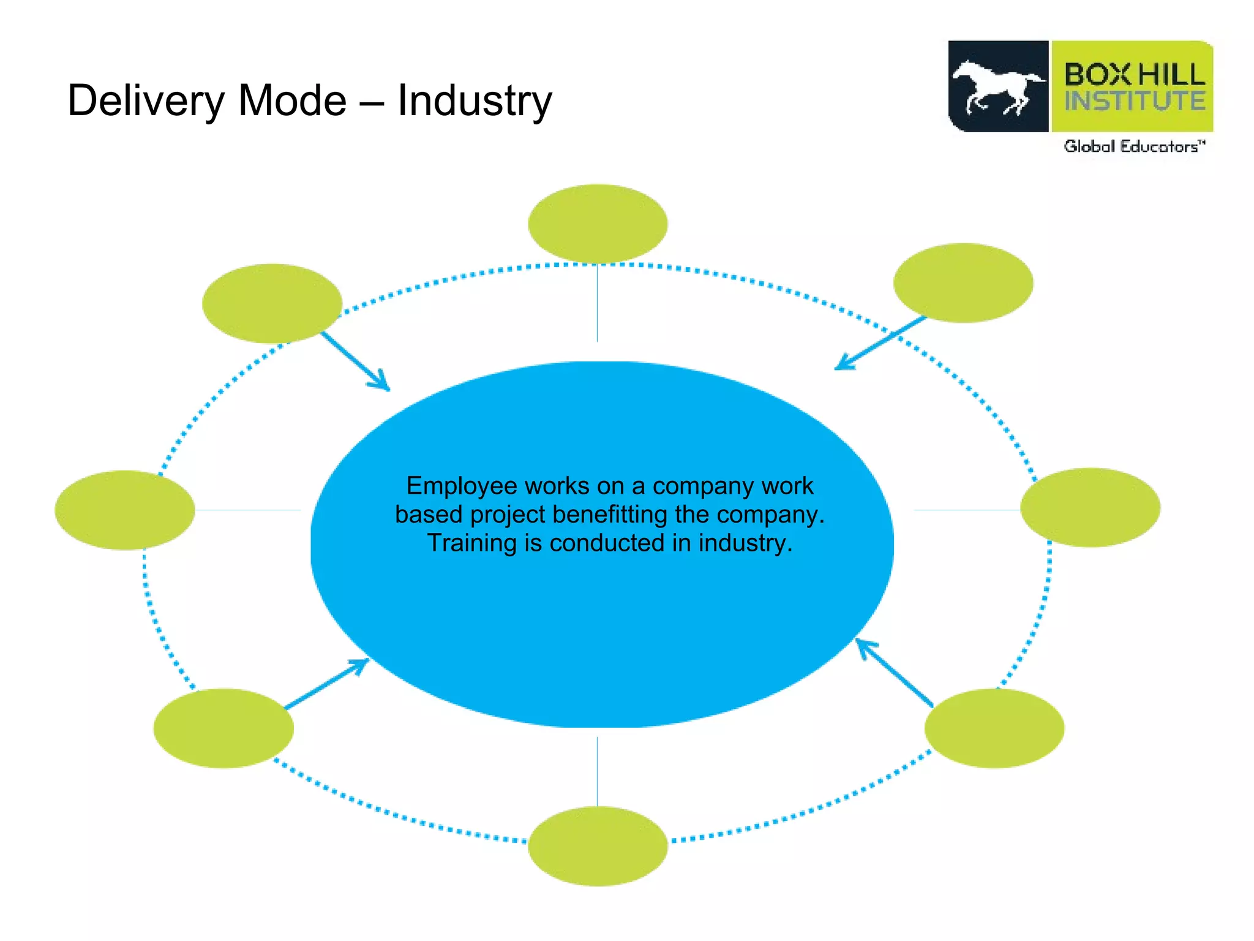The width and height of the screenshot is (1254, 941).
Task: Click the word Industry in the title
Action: point(475,101)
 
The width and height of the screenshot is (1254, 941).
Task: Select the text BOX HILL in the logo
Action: point(1134,75)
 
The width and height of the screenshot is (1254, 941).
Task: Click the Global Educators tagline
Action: point(1134,146)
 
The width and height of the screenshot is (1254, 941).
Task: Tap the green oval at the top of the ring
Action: point(598,224)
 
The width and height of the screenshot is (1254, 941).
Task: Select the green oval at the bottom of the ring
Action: point(598,846)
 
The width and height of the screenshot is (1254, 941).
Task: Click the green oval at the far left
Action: point(125,510)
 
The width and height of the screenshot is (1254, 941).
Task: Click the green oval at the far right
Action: point(1090,507)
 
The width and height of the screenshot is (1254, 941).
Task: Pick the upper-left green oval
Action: point(272,303)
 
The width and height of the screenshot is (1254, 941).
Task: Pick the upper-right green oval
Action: point(963,282)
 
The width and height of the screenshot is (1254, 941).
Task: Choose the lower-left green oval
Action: point(223,728)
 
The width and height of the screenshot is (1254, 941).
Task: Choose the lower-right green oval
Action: point(994,728)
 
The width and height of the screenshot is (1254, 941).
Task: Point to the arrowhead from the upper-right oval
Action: point(841,366)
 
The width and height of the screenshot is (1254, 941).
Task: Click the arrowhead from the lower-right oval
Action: point(862,644)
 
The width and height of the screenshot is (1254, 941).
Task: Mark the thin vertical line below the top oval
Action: point(597,303)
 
